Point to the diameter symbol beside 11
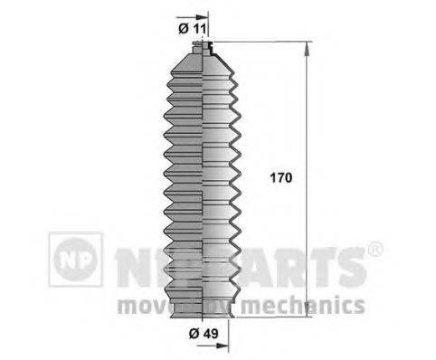pos(182,28)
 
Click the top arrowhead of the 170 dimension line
pos(309,48)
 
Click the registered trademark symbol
pos(374,249)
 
